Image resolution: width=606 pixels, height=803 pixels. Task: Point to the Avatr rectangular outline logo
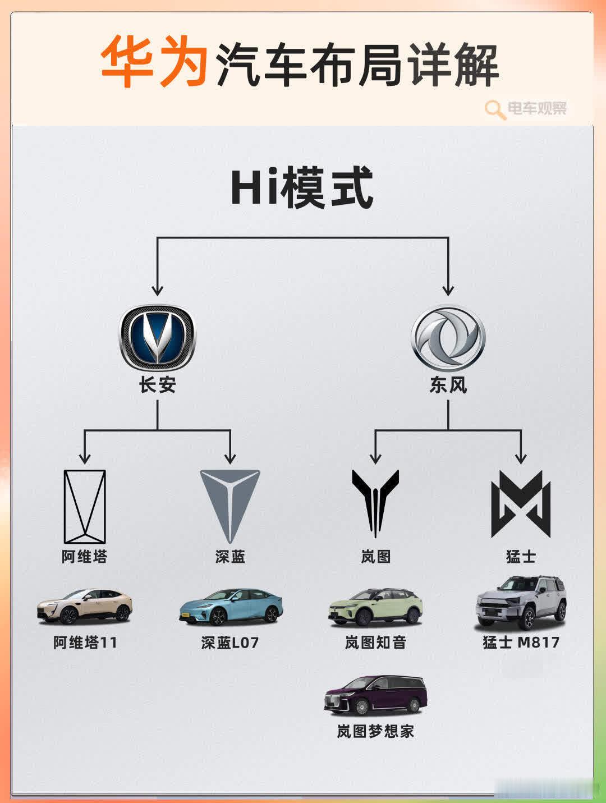click(x=85, y=507)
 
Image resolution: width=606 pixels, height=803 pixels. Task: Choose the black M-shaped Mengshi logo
click(x=521, y=504)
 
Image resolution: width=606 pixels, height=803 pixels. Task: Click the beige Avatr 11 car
click(x=85, y=607)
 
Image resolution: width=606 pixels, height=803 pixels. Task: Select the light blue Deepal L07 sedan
click(x=231, y=607)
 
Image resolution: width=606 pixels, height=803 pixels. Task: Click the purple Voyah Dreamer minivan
click(x=375, y=695)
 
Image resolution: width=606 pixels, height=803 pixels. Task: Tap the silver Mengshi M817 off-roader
click(x=521, y=602)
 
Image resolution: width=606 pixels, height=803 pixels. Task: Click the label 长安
click(x=158, y=385)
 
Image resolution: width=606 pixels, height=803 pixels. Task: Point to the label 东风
click(x=448, y=385)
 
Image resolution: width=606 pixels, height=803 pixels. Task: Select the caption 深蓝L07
click(x=230, y=643)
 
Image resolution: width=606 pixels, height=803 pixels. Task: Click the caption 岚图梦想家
click(x=375, y=731)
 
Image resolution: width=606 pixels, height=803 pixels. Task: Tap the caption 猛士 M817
click(x=521, y=642)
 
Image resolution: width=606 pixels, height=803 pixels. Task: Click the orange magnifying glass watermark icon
click(x=495, y=109)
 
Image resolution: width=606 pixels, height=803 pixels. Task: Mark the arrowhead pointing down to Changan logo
click(x=158, y=290)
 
